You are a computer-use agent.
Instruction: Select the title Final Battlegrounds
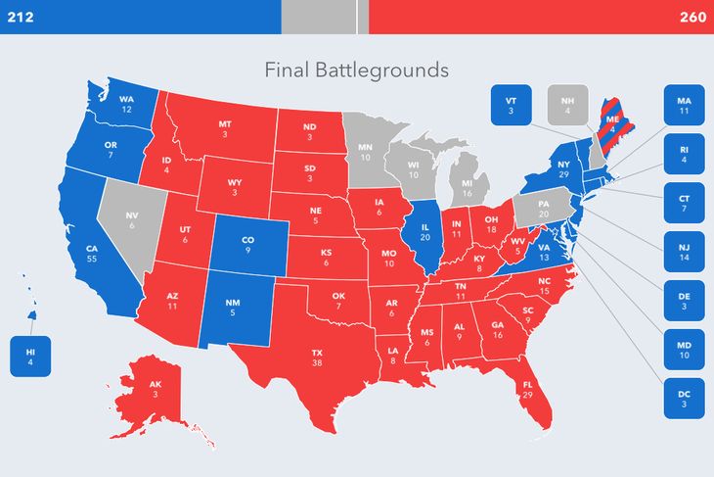click(357, 71)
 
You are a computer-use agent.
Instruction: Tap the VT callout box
click(511, 106)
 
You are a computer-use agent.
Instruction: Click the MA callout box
click(684, 106)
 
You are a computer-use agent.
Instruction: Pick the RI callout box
click(684, 155)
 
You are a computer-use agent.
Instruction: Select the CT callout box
click(684, 204)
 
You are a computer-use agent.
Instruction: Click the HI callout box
click(29, 357)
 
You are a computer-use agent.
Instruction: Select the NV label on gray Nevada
click(132, 217)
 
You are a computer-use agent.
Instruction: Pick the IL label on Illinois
click(426, 231)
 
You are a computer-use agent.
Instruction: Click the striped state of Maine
click(613, 123)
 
